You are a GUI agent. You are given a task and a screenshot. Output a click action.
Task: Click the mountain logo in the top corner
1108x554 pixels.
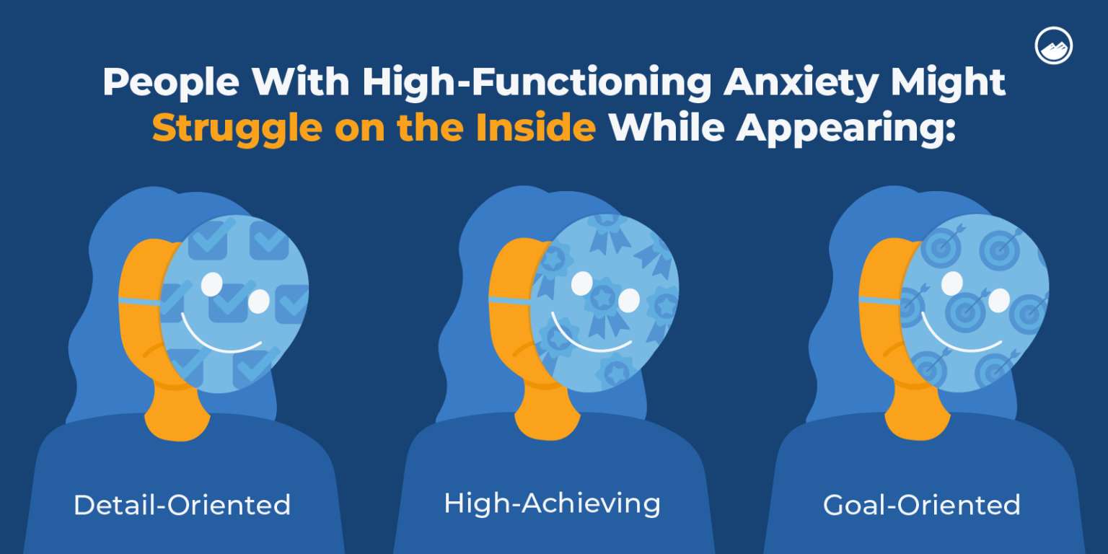[x=1053, y=46]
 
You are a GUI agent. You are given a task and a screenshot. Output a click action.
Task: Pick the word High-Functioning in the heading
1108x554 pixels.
[x=537, y=83]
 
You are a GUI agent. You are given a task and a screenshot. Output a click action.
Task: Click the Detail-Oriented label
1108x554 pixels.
[x=182, y=504]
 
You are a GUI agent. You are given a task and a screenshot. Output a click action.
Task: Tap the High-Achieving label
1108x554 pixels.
[x=552, y=503]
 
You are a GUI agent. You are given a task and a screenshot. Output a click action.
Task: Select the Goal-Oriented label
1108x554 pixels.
[x=921, y=504]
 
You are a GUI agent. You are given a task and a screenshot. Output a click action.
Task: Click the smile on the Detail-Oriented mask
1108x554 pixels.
[x=220, y=339]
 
